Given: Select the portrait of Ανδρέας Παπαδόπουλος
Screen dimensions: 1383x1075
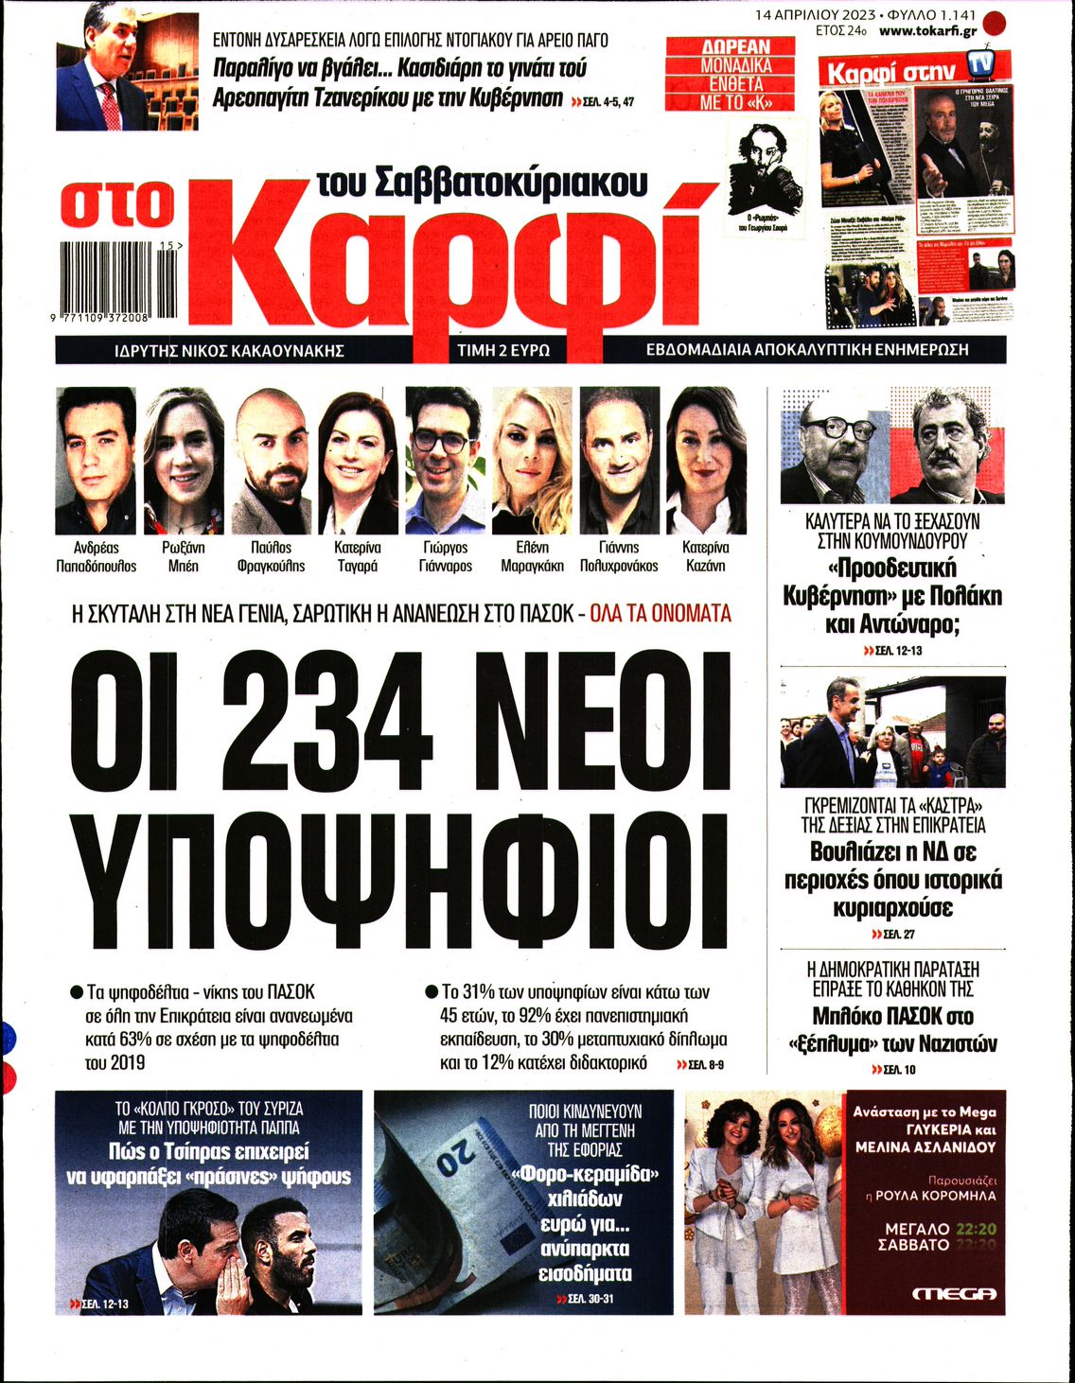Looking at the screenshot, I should pyautogui.click(x=96, y=461).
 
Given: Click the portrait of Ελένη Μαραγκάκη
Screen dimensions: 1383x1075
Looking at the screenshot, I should pyautogui.click(x=531, y=461).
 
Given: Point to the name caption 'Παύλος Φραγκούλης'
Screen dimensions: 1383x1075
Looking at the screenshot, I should pyautogui.click(x=272, y=556).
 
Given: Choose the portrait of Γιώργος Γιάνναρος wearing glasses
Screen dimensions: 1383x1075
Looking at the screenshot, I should pyautogui.click(x=443, y=461).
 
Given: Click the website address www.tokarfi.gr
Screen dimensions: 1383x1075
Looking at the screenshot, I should pyautogui.click(x=926, y=31).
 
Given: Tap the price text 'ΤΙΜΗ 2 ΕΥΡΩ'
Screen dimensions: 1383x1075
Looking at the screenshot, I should pyautogui.click(x=502, y=350).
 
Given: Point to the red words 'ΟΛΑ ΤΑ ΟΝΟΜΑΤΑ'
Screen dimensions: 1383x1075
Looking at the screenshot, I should pyautogui.click(x=661, y=614).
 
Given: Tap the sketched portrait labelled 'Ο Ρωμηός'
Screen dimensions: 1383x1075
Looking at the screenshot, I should pyautogui.click(x=765, y=170).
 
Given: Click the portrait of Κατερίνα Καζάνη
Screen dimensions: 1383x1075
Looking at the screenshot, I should pyautogui.click(x=705, y=461).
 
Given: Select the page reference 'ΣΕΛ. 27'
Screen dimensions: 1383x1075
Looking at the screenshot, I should pyautogui.click(x=893, y=935).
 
